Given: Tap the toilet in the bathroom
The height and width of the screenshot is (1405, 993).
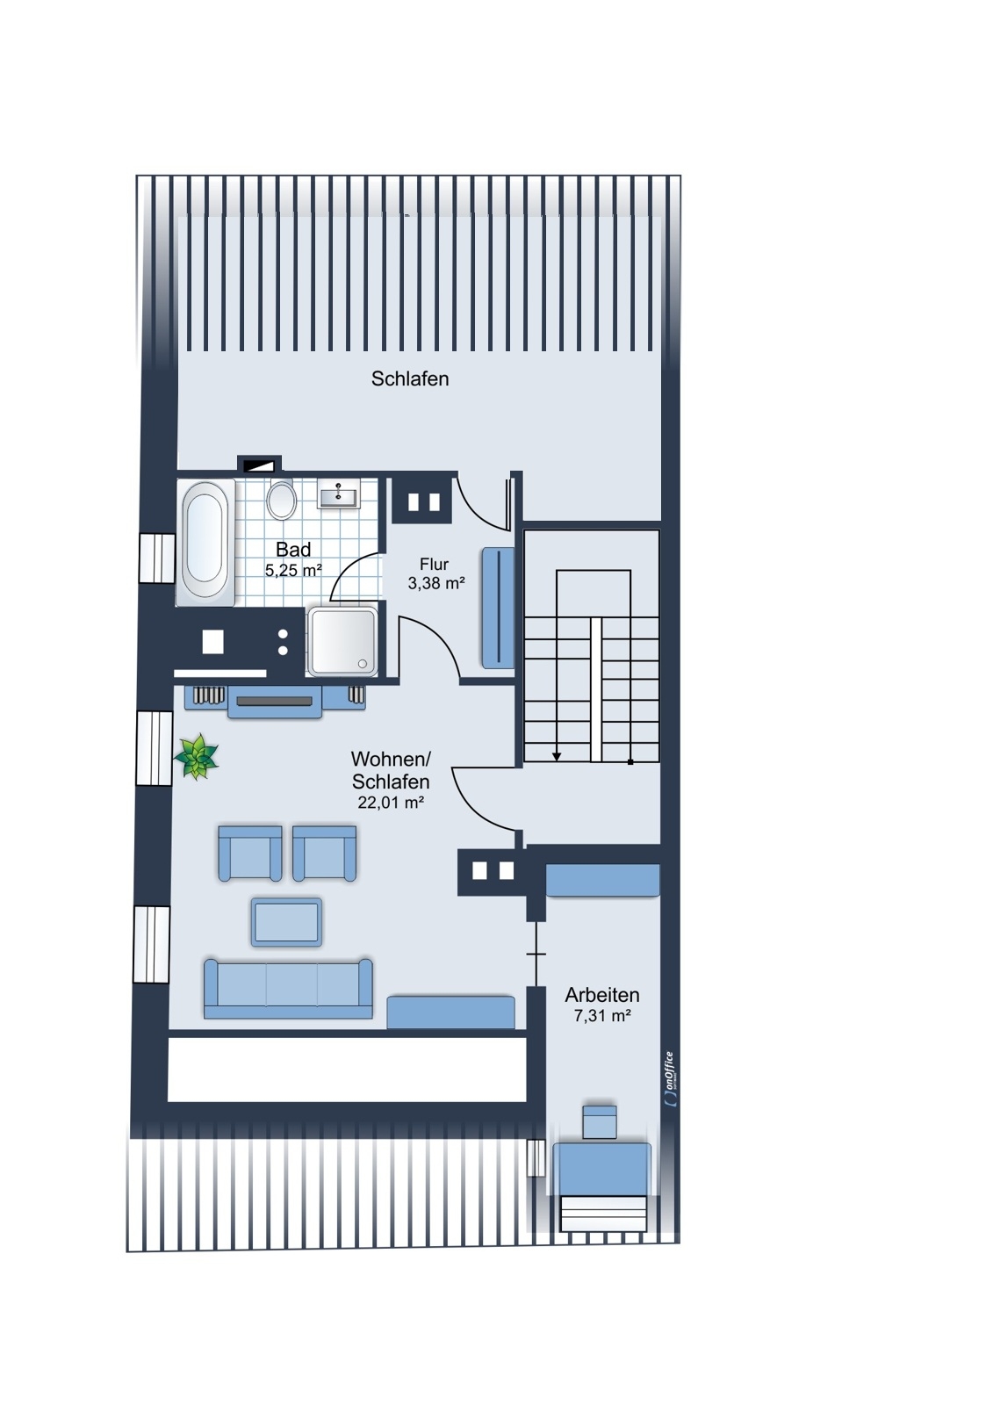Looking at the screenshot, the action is [x=282, y=500].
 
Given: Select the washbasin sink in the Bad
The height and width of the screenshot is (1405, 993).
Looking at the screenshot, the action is [x=339, y=495].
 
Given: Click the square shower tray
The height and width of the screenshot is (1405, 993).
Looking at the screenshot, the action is [x=342, y=642].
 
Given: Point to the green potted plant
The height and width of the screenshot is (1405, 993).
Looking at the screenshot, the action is [x=197, y=756].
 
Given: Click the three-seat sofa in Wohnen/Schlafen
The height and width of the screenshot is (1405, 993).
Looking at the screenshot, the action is [x=288, y=988].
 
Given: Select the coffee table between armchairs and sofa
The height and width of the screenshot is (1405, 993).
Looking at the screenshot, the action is [x=287, y=921].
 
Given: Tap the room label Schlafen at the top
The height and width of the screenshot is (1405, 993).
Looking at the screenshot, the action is [x=410, y=378].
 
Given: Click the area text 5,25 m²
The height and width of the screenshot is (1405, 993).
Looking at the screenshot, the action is [x=293, y=570].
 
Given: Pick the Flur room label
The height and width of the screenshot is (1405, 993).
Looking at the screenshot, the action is [x=434, y=564].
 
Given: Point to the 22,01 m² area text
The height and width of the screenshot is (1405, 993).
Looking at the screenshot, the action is [x=391, y=802].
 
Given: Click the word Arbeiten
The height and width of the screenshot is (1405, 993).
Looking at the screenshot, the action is [x=602, y=995].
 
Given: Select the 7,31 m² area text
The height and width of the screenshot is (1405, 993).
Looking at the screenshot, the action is [x=602, y=1015].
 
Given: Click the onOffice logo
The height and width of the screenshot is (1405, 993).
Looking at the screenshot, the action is [x=670, y=1079].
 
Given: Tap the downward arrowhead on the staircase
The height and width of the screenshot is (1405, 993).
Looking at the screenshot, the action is [x=557, y=757].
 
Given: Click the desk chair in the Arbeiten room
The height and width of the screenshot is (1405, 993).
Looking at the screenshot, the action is [x=600, y=1122].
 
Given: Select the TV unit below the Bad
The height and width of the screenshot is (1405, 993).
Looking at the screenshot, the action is [x=275, y=702].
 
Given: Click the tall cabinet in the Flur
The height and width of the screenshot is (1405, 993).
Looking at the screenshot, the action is [x=498, y=608].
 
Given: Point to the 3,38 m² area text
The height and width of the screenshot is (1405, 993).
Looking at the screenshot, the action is [x=436, y=583].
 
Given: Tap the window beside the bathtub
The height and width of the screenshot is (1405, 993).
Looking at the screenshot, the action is [x=157, y=558].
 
